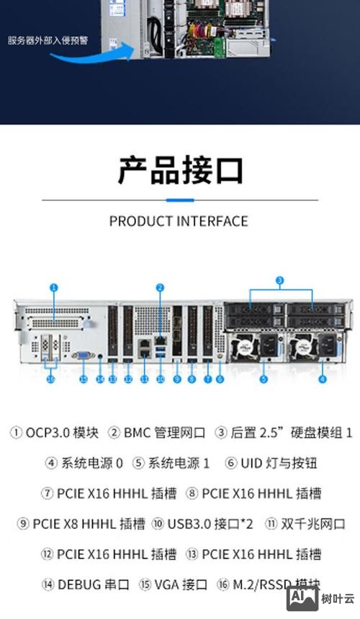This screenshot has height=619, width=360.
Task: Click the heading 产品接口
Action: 180,170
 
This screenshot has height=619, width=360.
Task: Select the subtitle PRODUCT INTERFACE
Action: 179,221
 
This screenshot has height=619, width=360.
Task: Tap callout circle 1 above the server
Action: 53,287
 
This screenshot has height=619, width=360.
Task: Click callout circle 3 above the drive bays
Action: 280,279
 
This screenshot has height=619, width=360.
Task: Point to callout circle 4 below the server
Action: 322,378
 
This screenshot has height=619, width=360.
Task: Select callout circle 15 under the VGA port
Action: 84,378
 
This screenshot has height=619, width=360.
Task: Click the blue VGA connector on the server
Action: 83,355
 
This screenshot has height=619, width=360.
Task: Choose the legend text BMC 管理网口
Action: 165,433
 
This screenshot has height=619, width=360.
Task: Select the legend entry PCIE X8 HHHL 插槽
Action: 89,523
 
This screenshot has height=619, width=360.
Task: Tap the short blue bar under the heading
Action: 180,199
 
